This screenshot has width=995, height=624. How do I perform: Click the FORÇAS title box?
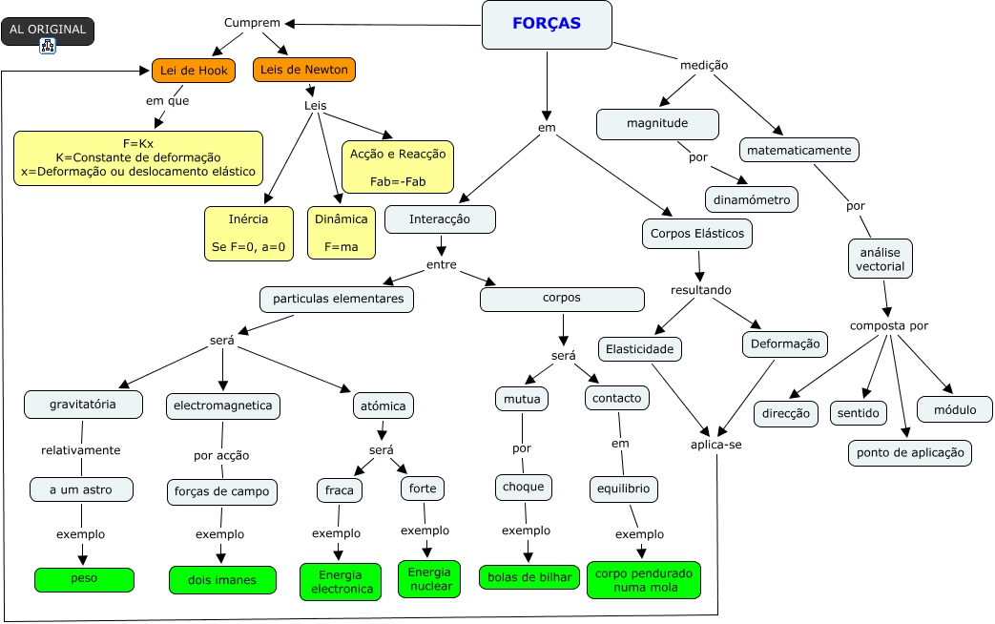click(x=547, y=25)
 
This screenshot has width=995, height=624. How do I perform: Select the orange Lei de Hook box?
click(x=193, y=70)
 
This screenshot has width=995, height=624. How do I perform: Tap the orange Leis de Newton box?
click(x=304, y=70)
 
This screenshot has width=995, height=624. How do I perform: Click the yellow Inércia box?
click(x=249, y=233)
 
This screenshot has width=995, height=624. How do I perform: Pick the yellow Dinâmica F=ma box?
click(x=341, y=233)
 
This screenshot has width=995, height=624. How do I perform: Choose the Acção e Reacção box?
click(x=397, y=167)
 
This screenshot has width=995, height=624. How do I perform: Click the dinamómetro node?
click(x=752, y=199)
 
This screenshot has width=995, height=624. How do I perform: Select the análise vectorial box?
click(x=881, y=259)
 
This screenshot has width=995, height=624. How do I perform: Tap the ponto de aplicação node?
click(x=909, y=452)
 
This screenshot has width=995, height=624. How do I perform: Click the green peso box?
click(x=84, y=578)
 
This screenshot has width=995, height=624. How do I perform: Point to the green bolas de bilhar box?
click(x=529, y=577)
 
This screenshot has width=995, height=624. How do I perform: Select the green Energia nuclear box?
click(x=429, y=578)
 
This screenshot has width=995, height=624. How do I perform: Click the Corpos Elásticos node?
click(x=698, y=233)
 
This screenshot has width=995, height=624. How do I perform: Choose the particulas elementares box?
click(x=337, y=300)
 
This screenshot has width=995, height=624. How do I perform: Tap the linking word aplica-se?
click(x=715, y=445)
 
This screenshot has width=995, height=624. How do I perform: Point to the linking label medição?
click(x=704, y=65)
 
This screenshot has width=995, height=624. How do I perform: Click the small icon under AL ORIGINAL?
click(x=48, y=46)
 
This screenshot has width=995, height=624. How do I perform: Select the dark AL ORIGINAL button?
click(x=48, y=30)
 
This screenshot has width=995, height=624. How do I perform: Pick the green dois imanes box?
click(x=223, y=579)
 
